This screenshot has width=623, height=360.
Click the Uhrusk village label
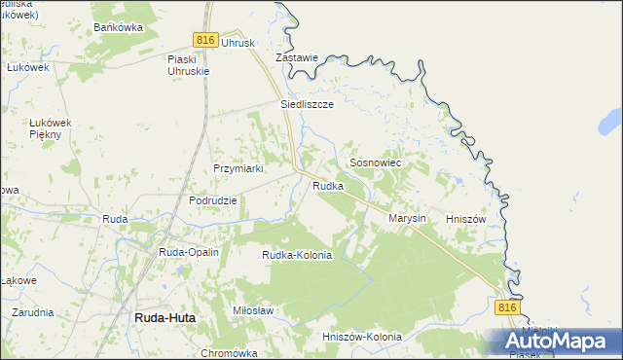coord(238,43)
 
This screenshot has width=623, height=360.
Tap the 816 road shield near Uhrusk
coord(203,39)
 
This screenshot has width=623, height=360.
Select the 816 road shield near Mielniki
coord(505,307)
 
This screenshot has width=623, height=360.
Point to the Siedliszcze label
coord(307,103)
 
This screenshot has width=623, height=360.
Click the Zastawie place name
coord(297,57)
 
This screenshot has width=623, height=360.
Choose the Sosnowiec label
coord(375,163)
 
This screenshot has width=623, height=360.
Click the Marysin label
coord(407,219)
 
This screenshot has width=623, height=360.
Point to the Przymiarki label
coord(239,168)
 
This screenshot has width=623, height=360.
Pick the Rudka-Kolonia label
coord(297,255)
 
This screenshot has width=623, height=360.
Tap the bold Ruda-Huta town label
coord(162,317)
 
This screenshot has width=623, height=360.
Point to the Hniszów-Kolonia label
coord(361,337)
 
